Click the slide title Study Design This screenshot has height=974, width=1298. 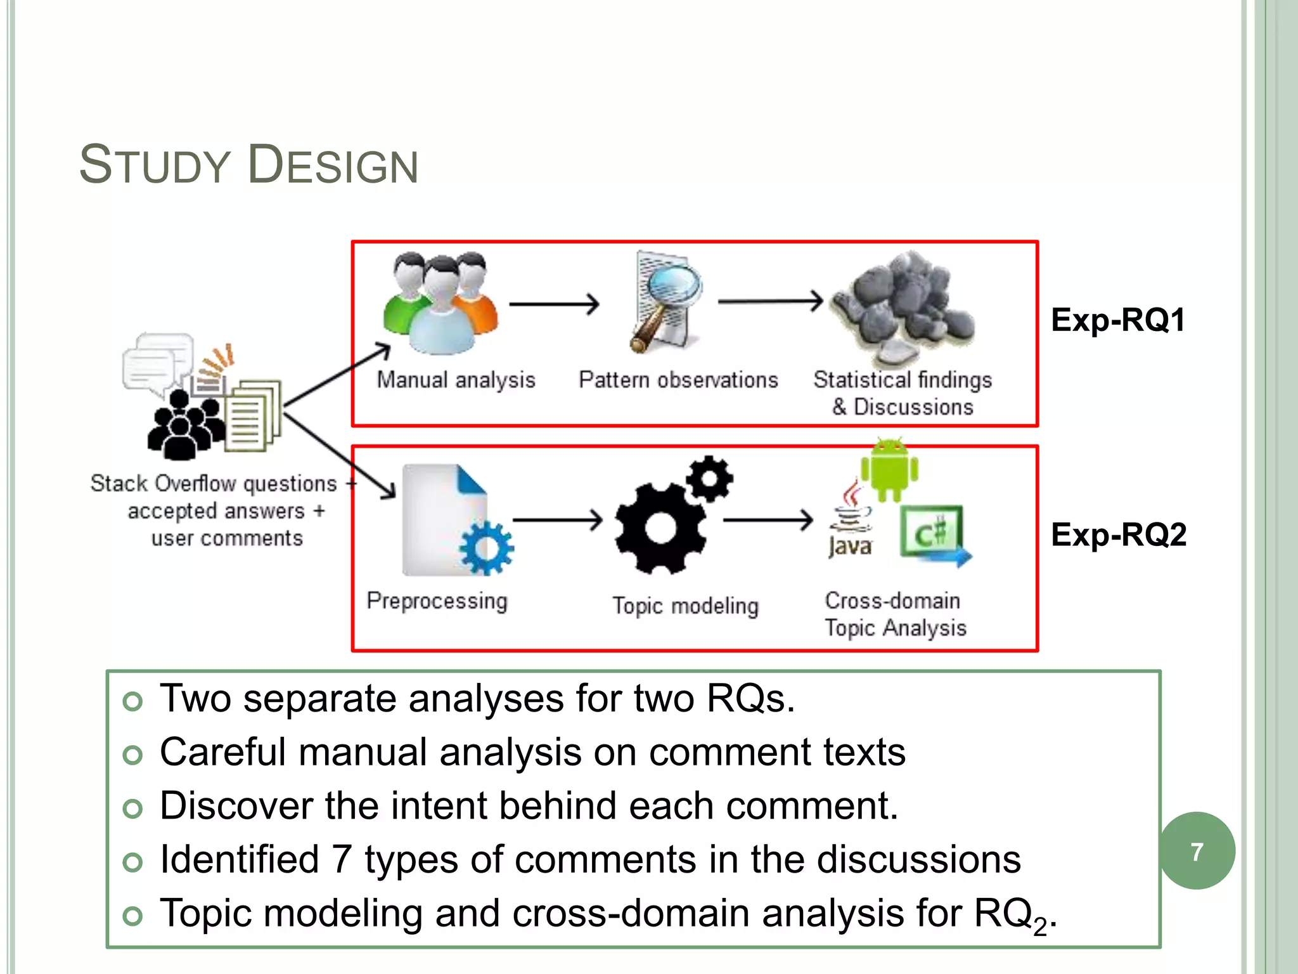[x=248, y=165]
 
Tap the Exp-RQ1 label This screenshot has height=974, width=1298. [x=1118, y=320]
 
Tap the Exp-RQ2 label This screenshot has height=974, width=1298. [x=1119, y=535]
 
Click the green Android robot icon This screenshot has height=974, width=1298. [x=889, y=470]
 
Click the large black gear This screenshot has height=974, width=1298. [x=659, y=528]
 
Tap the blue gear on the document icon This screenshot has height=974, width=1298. [x=487, y=548]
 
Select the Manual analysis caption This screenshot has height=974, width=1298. [x=456, y=380]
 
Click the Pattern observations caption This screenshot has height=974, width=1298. [x=678, y=380]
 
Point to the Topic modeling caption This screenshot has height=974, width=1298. [x=685, y=606]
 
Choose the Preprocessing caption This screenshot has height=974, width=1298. [x=437, y=601]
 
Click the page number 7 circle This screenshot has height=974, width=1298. [x=1197, y=851]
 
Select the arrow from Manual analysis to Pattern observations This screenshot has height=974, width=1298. [x=554, y=304]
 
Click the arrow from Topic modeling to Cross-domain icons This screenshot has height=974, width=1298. [x=768, y=521]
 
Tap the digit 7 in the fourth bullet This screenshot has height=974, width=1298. [x=342, y=859]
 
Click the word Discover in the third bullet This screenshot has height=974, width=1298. [x=236, y=806]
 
